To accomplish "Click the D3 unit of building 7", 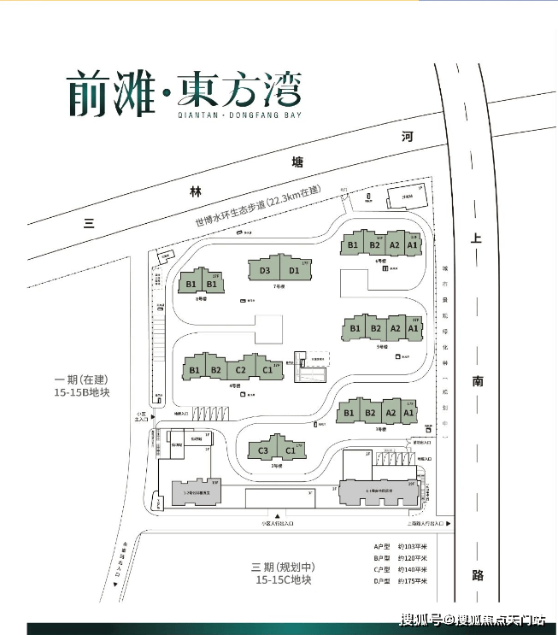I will point(265,271).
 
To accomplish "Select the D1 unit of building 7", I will point(293,271).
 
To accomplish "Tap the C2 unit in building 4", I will point(241,369).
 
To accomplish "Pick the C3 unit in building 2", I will point(263,450).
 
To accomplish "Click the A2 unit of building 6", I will point(394,244).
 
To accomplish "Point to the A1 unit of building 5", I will point(413,327).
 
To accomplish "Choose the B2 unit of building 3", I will point(370,414).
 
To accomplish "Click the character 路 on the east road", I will point(477,574).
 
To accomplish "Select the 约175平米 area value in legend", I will point(413,581).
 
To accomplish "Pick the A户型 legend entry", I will point(381,546).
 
